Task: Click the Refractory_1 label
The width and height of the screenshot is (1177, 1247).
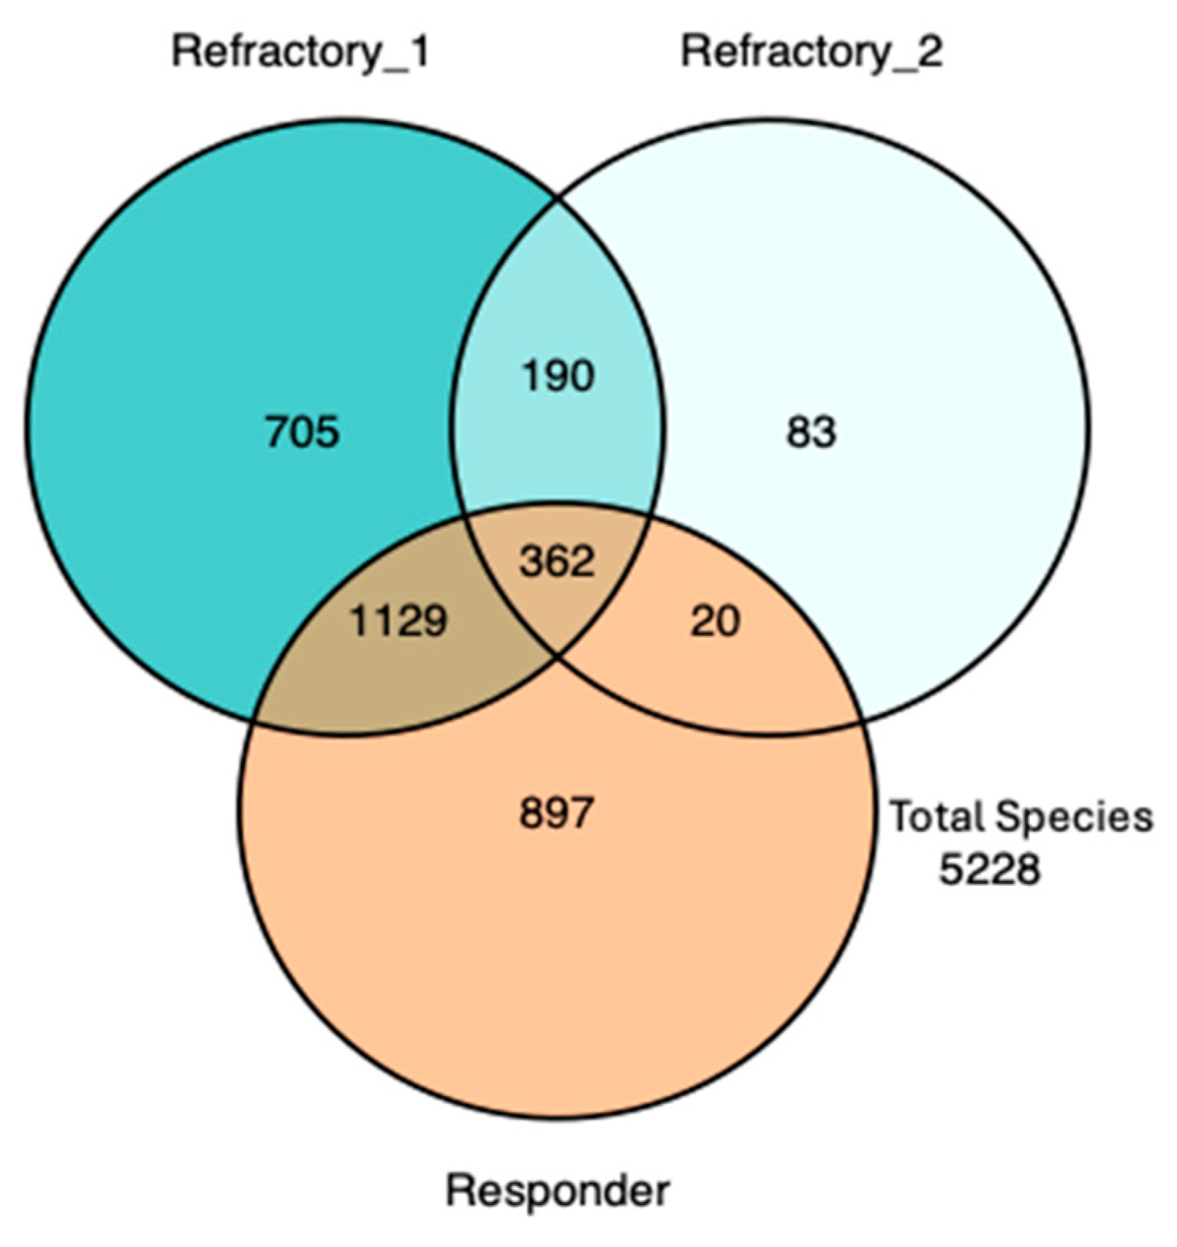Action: tap(300, 54)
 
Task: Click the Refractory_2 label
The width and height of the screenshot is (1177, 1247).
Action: tap(811, 54)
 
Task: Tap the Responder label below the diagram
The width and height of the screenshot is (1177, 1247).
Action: tap(558, 1190)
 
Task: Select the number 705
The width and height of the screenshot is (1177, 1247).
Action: tap(302, 433)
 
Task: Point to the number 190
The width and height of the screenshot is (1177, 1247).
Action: tap(558, 376)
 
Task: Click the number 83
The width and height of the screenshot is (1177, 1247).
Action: tap(811, 433)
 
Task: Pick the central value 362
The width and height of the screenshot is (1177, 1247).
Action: tap(557, 562)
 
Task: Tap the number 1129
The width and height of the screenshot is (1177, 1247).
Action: tap(398, 621)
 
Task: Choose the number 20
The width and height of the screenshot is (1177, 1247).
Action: tap(715, 621)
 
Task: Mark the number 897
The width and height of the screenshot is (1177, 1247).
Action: tap(556, 812)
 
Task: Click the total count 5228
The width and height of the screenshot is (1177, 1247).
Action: tap(989, 870)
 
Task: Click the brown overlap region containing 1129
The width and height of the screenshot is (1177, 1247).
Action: tap(379, 672)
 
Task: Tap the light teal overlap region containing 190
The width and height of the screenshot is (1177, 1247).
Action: tap(558, 443)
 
